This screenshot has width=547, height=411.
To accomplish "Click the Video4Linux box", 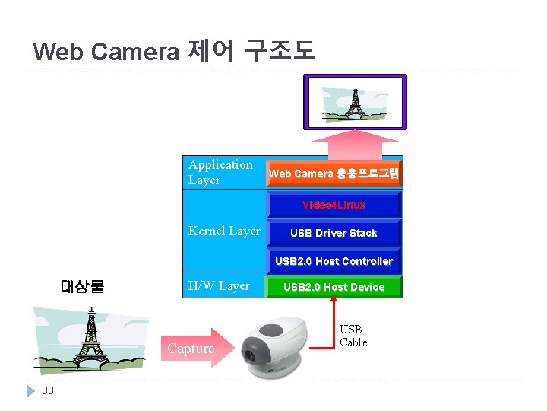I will pos(334,205).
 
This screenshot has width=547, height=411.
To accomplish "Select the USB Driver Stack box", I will pos(334,233).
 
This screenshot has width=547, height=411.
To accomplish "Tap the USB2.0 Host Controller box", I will pos(334,261).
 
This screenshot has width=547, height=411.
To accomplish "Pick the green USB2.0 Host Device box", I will pos(334,287).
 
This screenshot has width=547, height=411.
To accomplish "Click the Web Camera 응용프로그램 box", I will pos(334,174).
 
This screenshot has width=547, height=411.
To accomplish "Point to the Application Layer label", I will pos(220,173).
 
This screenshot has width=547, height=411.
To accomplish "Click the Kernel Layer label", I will pos(224,231).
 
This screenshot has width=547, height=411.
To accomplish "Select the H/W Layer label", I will pos(219,285).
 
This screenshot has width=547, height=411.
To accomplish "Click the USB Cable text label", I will pos(353,336).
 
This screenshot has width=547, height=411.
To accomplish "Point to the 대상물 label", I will pos(82,287).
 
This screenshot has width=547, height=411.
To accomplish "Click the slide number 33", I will pos(48,390).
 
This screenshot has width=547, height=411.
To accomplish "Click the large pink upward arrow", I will pos(356,142).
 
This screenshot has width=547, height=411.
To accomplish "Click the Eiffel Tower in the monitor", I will pos(353,102).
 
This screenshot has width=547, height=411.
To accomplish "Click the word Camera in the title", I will pos(134,52).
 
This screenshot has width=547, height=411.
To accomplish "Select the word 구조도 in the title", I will pos(279,51).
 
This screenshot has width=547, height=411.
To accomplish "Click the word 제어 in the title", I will pos(210,51).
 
